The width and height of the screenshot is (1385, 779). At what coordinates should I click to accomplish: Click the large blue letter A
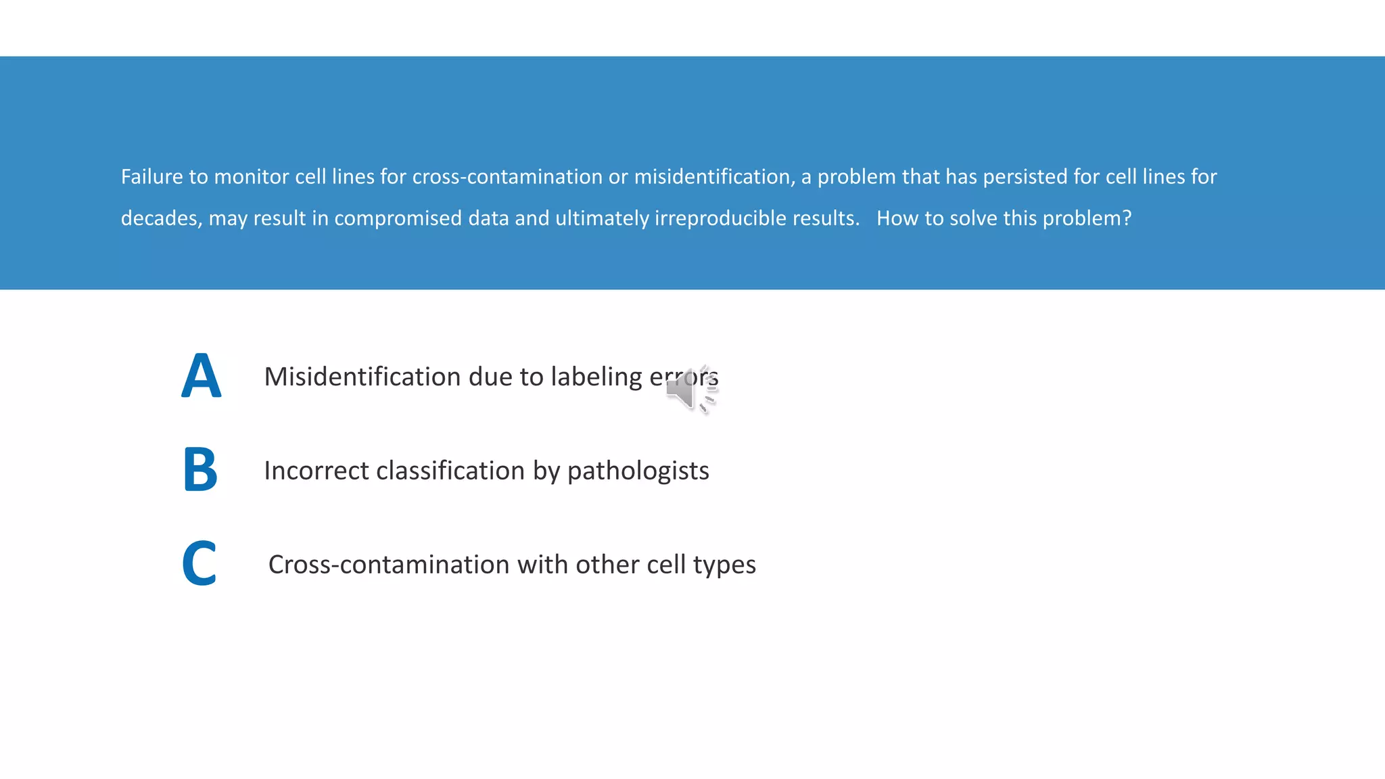(x=201, y=376)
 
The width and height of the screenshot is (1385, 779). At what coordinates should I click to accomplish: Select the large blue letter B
(x=200, y=469)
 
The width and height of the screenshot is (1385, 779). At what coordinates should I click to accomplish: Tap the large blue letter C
(x=199, y=563)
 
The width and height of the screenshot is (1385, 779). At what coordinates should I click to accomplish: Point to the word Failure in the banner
(x=151, y=177)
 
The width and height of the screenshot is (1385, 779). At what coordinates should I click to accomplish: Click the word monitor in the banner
(x=251, y=177)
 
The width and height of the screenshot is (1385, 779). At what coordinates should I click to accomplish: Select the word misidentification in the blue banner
(x=713, y=177)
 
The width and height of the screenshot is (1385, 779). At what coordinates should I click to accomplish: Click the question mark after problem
(x=1127, y=218)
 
